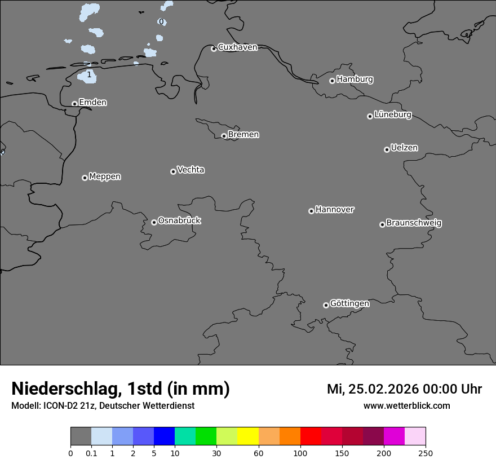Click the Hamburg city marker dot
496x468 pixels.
[332, 81]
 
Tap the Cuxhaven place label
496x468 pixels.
[237, 47]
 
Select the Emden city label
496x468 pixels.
[92, 102]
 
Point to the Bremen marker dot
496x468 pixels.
[224, 136]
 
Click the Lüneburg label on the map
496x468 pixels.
[393, 114]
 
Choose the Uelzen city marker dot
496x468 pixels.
[387, 149]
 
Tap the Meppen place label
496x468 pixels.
[105, 176]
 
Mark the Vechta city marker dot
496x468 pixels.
[173, 171]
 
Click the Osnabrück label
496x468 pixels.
[179, 220]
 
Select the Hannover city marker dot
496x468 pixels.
[311, 211]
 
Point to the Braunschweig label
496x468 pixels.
[414, 223]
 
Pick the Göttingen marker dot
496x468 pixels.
[326, 305]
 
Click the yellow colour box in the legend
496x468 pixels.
[248, 436]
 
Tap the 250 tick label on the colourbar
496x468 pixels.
[426, 453]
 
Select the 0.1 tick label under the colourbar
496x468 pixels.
[91, 453]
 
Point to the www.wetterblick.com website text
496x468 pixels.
[406, 405]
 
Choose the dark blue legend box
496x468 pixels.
[164, 436]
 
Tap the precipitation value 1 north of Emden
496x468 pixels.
[89, 74]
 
